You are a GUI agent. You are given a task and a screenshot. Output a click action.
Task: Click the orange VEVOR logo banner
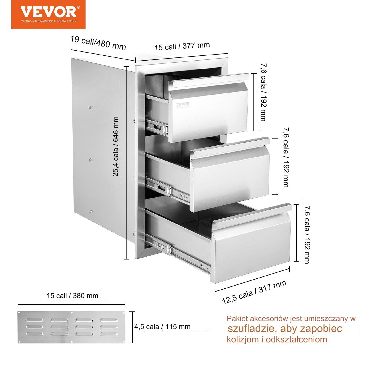[x=48, y=14]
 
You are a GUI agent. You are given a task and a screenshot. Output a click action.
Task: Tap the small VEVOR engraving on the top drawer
[x=183, y=104]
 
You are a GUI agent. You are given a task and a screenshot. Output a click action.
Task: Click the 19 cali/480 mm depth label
[x=98, y=43]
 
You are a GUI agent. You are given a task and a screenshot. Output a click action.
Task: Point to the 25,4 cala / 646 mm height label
[x=115, y=146]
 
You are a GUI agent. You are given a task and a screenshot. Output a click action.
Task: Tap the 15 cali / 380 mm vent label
[x=72, y=295]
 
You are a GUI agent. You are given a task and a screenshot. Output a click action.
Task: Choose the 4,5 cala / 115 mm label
[x=162, y=326]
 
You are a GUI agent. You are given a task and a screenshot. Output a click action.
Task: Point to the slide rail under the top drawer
[x=157, y=127]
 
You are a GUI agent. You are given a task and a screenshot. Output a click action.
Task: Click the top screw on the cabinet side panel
[x=89, y=107]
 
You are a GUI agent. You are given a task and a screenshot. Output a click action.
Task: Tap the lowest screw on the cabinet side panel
[x=91, y=211]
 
